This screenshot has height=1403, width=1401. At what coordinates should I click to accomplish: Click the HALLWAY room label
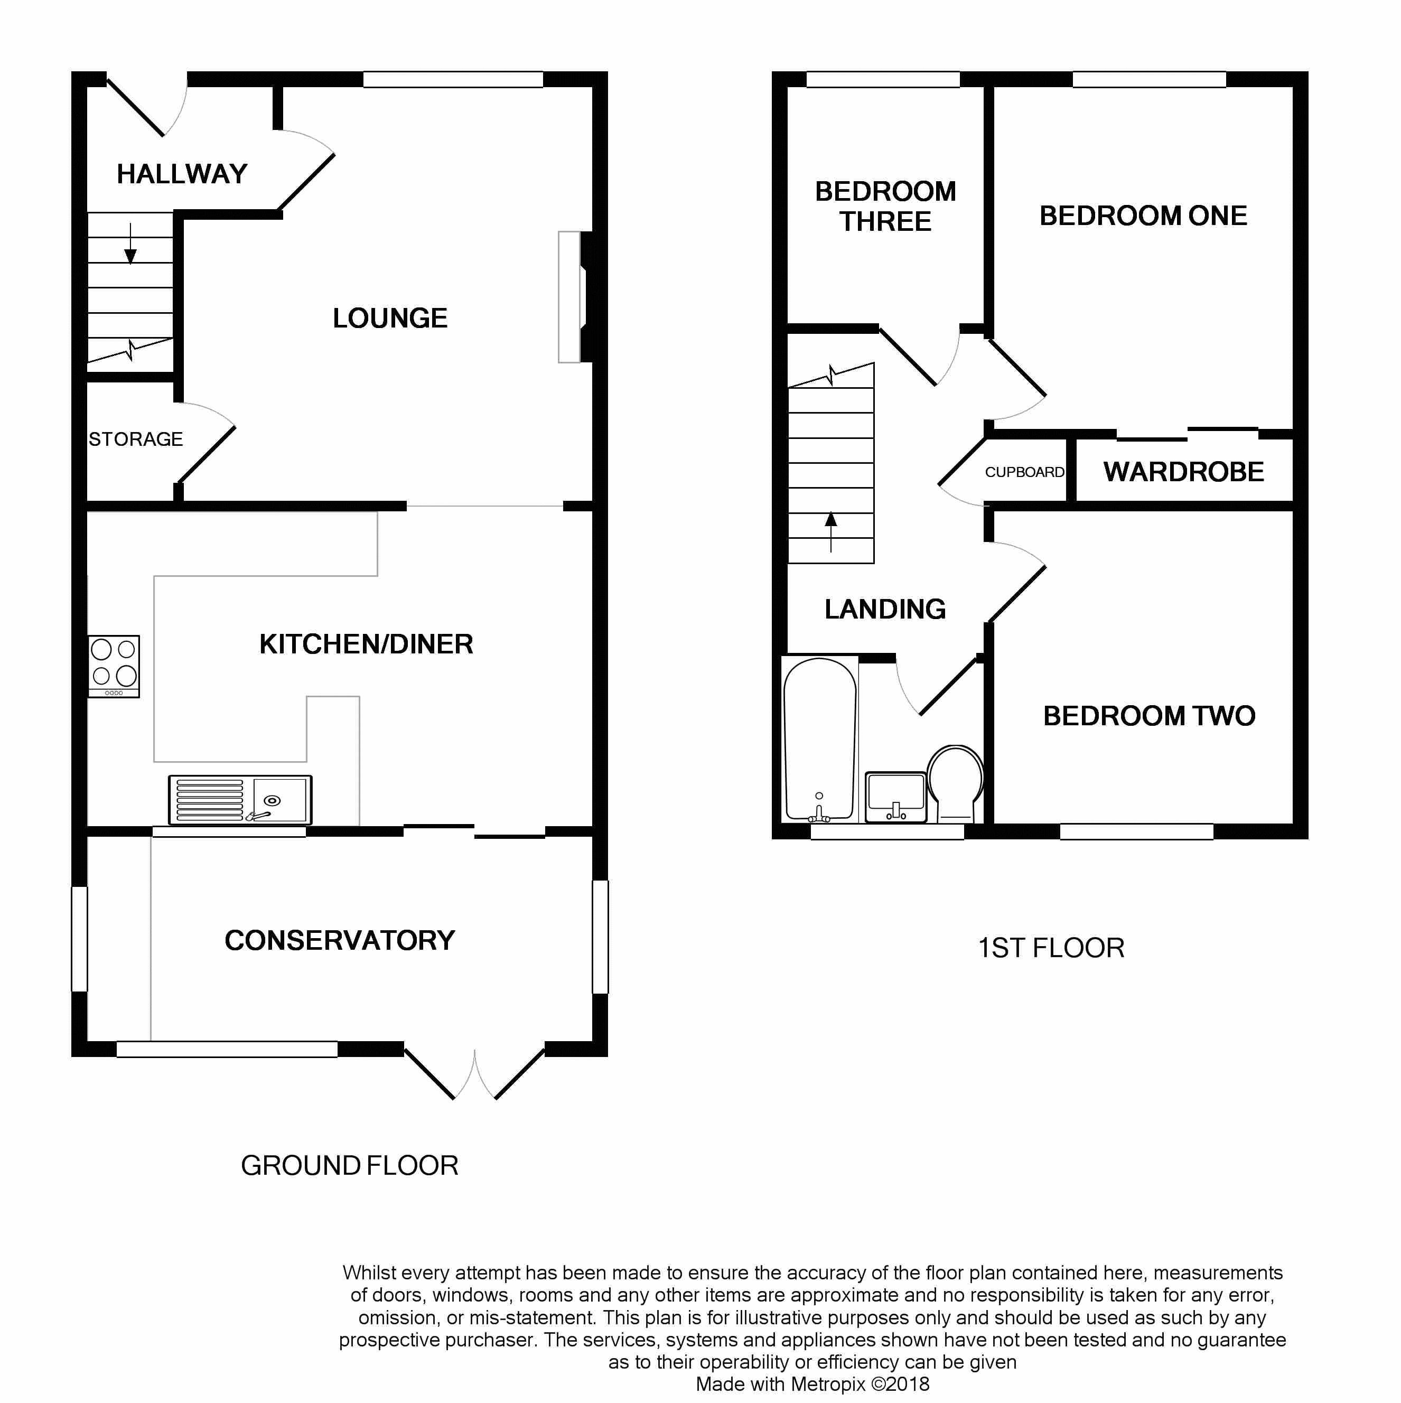[x=182, y=174]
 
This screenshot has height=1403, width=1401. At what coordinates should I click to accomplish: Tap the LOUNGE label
[x=390, y=318]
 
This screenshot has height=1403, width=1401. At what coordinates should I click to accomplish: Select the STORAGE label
[x=136, y=439]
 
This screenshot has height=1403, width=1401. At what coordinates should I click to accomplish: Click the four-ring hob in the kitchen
[x=114, y=666]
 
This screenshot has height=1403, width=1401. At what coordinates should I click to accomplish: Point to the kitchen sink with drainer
[x=240, y=800]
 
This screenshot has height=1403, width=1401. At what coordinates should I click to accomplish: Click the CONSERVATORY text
[x=339, y=940]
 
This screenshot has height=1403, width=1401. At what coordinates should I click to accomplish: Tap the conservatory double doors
[x=474, y=1073]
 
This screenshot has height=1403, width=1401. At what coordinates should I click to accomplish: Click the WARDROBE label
[x=1183, y=472]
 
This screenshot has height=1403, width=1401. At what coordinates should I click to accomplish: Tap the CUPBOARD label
[x=1024, y=472]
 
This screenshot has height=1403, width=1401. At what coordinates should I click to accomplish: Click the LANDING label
[x=885, y=609]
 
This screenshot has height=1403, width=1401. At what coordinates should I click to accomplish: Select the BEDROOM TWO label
[x=1149, y=716]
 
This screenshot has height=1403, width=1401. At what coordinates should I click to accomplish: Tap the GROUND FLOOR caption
[x=349, y=1165]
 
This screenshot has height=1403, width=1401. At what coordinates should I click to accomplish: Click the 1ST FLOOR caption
[x=1050, y=948]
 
